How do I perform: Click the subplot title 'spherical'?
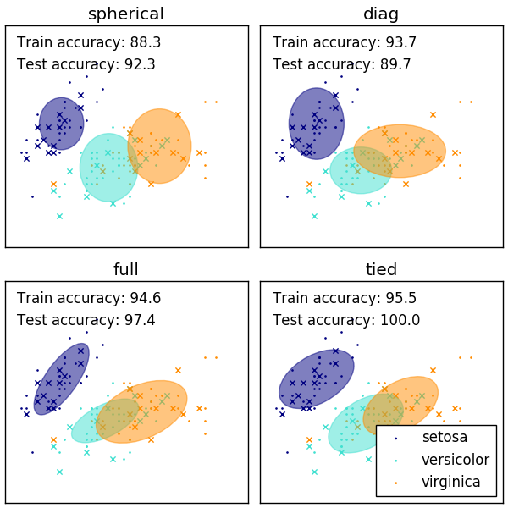click(x=126, y=14)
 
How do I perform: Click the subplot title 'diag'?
click(x=381, y=14)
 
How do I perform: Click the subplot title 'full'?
click(x=126, y=269)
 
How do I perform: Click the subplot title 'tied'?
click(x=381, y=269)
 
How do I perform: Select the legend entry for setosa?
click(x=444, y=438)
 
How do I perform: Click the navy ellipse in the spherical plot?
click(x=61, y=124)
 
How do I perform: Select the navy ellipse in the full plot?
click(x=61, y=378)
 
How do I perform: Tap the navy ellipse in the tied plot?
click(x=316, y=378)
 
